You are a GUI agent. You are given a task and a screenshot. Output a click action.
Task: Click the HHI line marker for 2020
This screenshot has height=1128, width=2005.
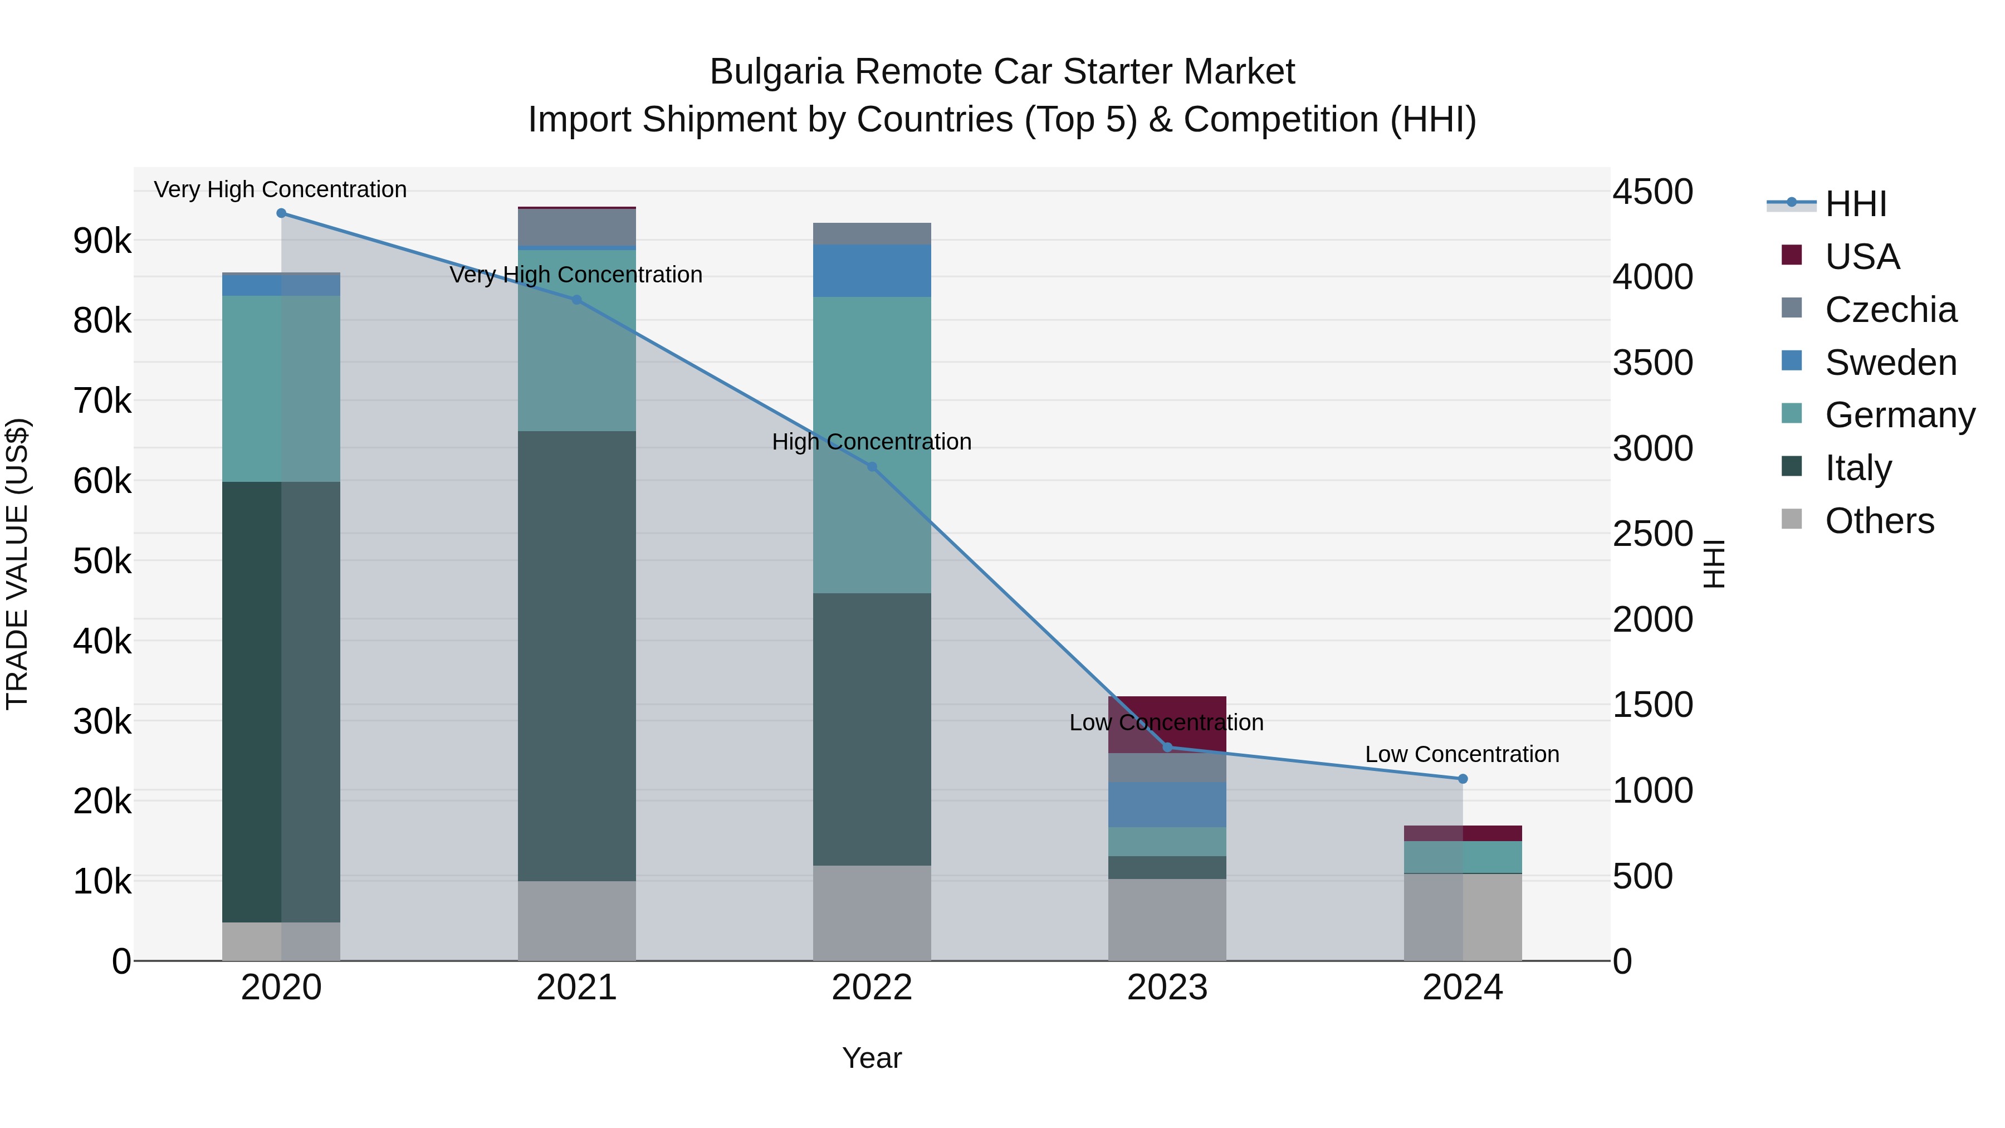click(x=281, y=213)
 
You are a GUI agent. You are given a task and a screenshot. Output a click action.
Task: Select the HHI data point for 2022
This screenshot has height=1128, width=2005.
click(x=872, y=467)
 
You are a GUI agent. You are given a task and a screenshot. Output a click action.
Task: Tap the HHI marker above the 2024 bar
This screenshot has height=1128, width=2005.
click(x=1463, y=779)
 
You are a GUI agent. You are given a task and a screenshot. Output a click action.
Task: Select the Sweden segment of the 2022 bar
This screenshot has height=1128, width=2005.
click(x=872, y=270)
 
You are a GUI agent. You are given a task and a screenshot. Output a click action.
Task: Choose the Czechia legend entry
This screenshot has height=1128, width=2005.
click(x=1890, y=310)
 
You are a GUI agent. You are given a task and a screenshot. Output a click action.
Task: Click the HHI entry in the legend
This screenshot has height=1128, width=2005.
click(x=1856, y=204)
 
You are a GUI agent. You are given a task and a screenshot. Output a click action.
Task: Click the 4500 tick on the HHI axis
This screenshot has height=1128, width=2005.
click(x=1652, y=192)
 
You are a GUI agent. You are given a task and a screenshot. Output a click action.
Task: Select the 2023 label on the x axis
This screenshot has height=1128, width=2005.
click(x=1167, y=988)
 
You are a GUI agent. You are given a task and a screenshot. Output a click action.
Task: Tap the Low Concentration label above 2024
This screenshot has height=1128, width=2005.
click(x=1462, y=754)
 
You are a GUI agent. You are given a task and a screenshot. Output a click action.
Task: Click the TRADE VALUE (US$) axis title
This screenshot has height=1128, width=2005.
click(x=18, y=564)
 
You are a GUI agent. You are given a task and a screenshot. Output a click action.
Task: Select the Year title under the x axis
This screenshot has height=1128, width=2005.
click(x=872, y=1058)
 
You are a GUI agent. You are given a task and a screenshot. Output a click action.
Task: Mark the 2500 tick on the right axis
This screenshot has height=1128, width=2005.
click(x=1652, y=534)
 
